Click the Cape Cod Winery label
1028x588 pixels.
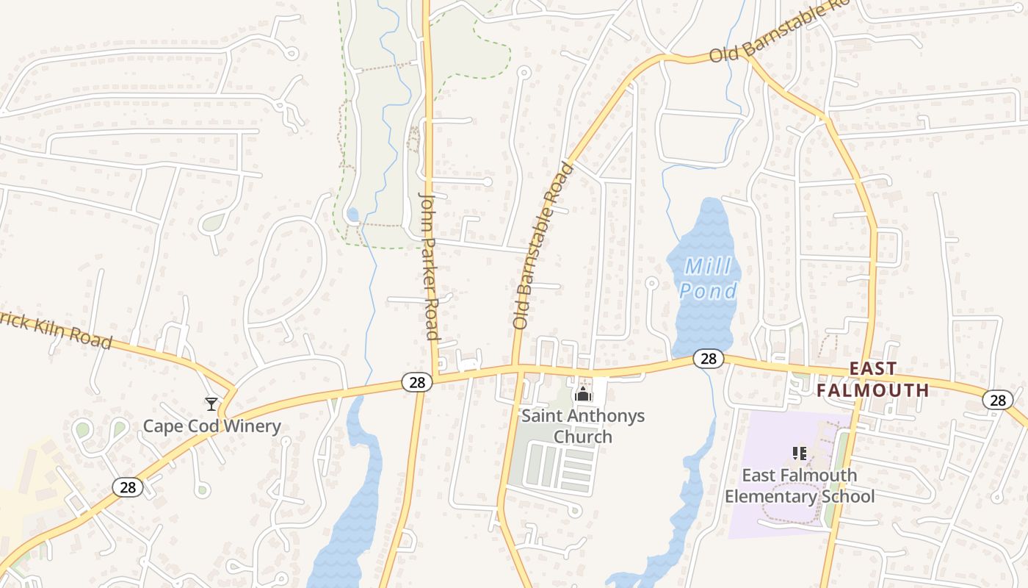(211, 426)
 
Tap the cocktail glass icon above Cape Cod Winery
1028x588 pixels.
(211, 404)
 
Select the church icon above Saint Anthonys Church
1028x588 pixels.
(583, 395)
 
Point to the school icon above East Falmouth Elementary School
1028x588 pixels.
(800, 453)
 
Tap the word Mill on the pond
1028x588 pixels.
(707, 266)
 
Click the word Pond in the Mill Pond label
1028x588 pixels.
(708, 291)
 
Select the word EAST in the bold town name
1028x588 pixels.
(872, 368)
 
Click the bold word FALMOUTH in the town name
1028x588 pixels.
(872, 390)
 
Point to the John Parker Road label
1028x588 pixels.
(430, 266)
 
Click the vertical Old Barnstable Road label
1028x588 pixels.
(543, 245)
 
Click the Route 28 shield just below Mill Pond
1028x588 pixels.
(708, 359)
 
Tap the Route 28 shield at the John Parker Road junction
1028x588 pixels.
(416, 382)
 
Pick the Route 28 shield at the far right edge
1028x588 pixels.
(996, 400)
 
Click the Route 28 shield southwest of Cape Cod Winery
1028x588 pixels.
(127, 487)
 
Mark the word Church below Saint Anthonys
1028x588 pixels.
(582, 437)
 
